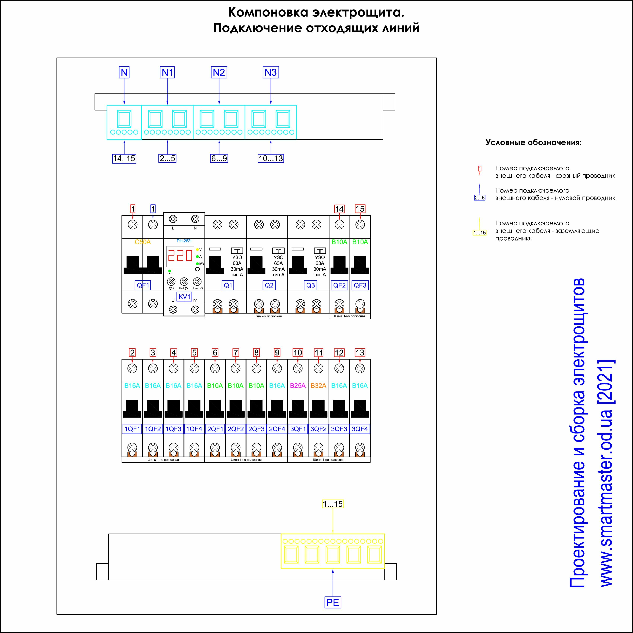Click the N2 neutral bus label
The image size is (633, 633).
pyautogui.click(x=219, y=72)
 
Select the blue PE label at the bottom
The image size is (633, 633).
pyautogui.click(x=333, y=602)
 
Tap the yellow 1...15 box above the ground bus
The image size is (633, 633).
pyautogui.click(x=333, y=504)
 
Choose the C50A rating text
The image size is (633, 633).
pyautogui.click(x=143, y=242)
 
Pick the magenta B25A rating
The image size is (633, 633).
pyautogui.click(x=298, y=386)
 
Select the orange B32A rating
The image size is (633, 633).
pyautogui.click(x=318, y=386)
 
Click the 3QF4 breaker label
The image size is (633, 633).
pyautogui.click(x=360, y=429)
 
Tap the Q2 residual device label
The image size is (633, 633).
pyautogui.click(x=269, y=285)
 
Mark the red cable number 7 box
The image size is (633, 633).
pyautogui.click(x=236, y=353)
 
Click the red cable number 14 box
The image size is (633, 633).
pyautogui.click(x=339, y=209)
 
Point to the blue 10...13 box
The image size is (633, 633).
pyautogui.click(x=271, y=159)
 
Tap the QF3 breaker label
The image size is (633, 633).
pyautogui.click(x=360, y=285)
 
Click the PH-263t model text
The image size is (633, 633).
pyautogui.click(x=184, y=241)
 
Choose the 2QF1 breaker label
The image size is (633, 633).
pyautogui.click(x=215, y=429)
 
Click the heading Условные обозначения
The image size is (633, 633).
pyautogui.click(x=533, y=143)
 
